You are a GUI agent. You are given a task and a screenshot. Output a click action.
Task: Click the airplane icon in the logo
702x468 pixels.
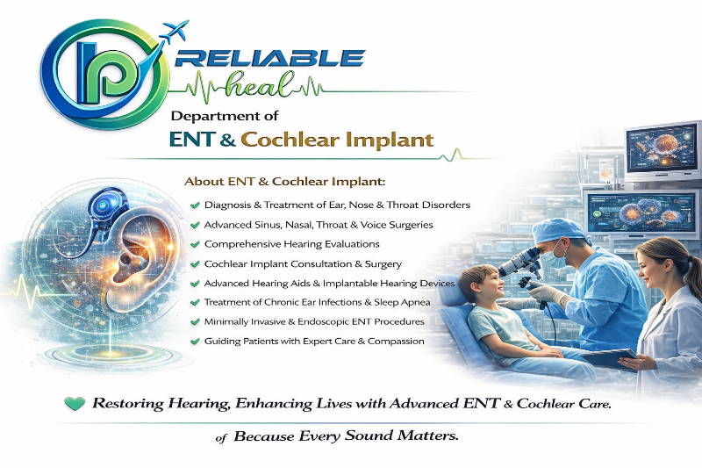click(x=175, y=32)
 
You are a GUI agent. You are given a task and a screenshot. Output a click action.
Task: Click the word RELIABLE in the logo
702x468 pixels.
click(x=270, y=58)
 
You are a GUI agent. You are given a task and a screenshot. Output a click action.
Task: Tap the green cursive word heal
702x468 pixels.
click(x=261, y=83)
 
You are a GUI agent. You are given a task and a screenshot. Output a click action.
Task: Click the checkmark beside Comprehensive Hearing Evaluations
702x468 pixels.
click(x=195, y=244)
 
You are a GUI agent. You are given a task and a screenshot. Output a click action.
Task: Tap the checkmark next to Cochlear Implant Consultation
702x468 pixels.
click(x=195, y=264)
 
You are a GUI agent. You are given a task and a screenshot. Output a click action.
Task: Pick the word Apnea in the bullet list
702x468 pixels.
click(x=415, y=303)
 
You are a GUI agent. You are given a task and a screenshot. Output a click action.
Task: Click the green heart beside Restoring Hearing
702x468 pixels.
click(x=75, y=404)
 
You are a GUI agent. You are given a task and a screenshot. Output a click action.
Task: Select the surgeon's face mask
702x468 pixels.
click(x=554, y=257)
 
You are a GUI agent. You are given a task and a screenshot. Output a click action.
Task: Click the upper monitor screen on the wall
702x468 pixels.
click(x=663, y=150)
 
